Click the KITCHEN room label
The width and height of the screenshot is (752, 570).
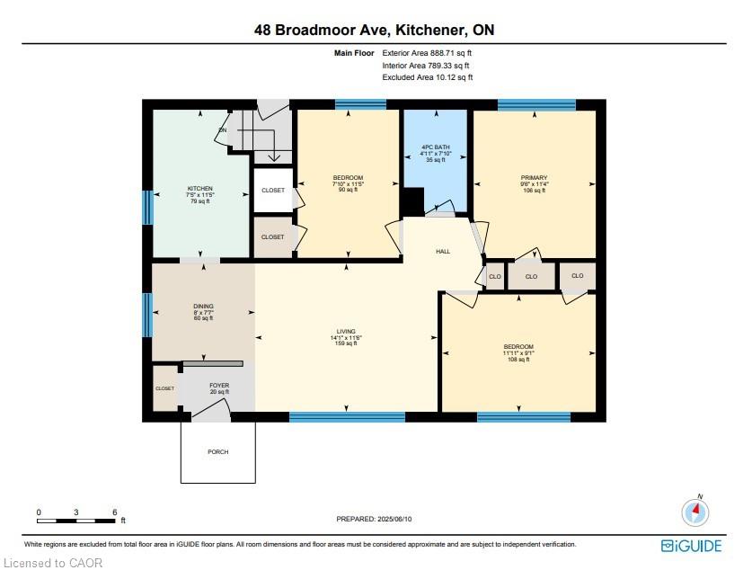tap(200, 189)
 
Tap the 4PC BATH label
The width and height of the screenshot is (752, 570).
tap(436, 147)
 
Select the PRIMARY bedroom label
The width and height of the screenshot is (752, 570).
tap(534, 177)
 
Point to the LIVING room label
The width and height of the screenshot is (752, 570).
tap(346, 331)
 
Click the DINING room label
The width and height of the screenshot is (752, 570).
tap(203, 306)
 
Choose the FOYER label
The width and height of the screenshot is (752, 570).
tap(219, 386)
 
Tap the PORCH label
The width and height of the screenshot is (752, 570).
tap(217, 452)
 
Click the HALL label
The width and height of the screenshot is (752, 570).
tap(443, 252)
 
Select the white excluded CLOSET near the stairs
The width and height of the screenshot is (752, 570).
tap(273, 191)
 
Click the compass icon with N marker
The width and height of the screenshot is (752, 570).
tap(695, 512)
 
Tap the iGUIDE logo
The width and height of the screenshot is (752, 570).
tap(691, 546)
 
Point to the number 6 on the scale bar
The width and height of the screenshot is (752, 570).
tap(115, 512)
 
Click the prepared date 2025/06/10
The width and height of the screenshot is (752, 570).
tap(394, 519)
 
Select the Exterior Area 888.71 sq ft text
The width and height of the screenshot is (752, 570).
tap(427, 53)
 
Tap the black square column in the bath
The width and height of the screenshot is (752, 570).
tap(412, 201)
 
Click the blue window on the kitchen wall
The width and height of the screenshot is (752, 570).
tap(148, 208)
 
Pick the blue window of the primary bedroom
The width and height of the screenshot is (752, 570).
tap(536, 104)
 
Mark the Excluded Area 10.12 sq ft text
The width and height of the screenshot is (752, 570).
tap(428, 77)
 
